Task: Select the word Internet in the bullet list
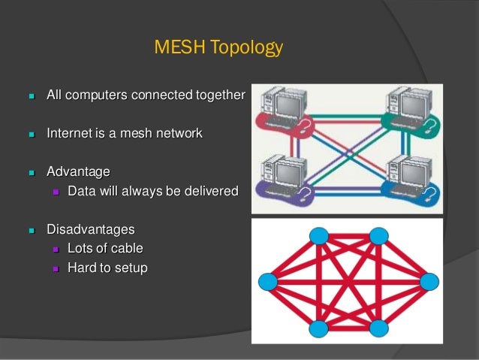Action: coord(70,134)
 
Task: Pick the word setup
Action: coord(130,267)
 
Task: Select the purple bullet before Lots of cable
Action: coord(55,249)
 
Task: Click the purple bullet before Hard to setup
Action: coord(55,268)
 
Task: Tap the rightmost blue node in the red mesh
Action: coord(429,282)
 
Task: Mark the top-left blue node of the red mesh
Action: coord(319,236)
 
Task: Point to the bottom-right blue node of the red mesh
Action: coord(378,328)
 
